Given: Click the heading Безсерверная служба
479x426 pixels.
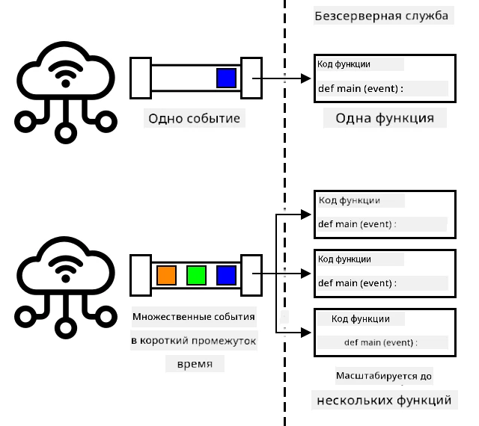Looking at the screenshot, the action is (381, 16).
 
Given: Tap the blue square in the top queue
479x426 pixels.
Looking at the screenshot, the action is (226, 78).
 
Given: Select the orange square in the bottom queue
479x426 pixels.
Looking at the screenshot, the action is (166, 275).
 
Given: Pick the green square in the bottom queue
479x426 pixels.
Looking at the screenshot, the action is (196, 275).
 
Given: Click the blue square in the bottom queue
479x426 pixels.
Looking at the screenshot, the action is (226, 275).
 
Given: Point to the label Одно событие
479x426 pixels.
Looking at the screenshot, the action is (195, 118).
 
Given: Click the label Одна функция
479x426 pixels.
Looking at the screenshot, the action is (385, 118).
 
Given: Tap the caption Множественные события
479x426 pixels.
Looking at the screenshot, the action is (194, 317).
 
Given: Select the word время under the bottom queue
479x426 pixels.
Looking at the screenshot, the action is (195, 364).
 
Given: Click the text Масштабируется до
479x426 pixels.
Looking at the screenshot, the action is (384, 376).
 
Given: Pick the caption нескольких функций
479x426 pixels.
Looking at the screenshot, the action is (384, 400).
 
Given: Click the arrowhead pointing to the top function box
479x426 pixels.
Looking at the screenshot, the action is (306, 78).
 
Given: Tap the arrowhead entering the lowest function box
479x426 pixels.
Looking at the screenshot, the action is (306, 333).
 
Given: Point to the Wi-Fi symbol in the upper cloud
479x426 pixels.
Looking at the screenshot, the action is (66, 74).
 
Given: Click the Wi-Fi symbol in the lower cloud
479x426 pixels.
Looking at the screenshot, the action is (66, 269).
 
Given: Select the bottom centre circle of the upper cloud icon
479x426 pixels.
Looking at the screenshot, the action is (66, 133).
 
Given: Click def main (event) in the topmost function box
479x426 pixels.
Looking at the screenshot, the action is (361, 88).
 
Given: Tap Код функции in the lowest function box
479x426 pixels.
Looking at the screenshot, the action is (361, 319).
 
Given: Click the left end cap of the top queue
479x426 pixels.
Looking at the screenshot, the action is (141, 78).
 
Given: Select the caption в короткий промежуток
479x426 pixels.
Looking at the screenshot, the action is (194, 341).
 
